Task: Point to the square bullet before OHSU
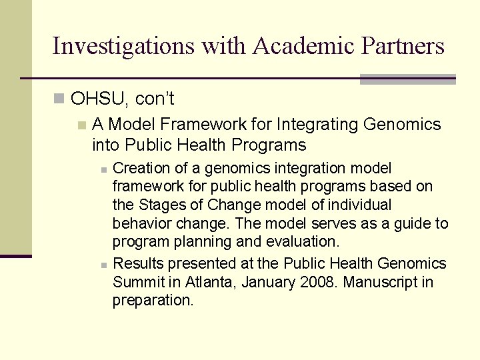coord(59,99)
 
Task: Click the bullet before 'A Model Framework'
coord(81,125)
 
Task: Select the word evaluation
coord(303,241)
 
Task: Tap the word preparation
coord(153,301)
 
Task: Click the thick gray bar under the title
coord(407,79)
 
